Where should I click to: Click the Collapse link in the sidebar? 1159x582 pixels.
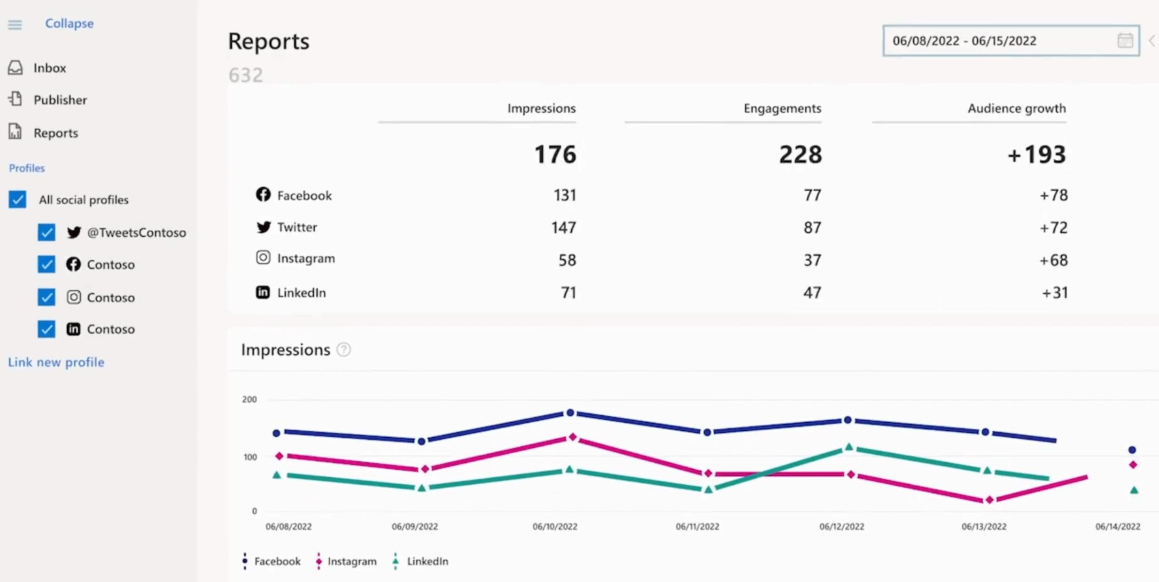point(69,23)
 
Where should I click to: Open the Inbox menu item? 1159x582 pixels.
point(49,68)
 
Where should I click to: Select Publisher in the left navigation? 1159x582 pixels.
point(60,100)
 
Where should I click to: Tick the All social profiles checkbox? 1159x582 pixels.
point(17,200)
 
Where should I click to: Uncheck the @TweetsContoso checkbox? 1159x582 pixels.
point(47,233)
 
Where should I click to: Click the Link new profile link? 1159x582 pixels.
point(56,362)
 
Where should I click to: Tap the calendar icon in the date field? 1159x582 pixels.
point(1125,41)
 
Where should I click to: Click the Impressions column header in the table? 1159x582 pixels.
point(541,109)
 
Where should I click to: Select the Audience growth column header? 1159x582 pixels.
point(1016,109)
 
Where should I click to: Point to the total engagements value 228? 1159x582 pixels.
point(801,155)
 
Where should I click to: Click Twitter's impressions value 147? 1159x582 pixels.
point(563,228)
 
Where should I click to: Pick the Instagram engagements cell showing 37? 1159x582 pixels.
point(812,260)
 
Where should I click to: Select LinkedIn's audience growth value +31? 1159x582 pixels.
point(1055,293)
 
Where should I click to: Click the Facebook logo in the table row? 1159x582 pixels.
point(263,194)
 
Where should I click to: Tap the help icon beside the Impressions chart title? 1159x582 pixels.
point(344,349)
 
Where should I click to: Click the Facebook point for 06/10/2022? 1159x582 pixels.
point(570,413)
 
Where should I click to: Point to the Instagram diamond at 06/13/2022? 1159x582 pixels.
point(989,500)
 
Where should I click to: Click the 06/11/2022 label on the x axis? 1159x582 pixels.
point(697,527)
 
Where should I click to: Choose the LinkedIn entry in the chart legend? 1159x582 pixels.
point(427,561)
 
